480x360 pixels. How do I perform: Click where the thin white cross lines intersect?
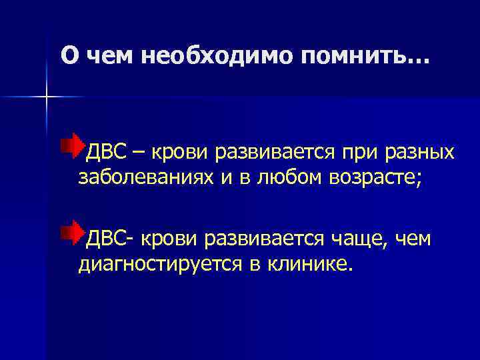(47, 97)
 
